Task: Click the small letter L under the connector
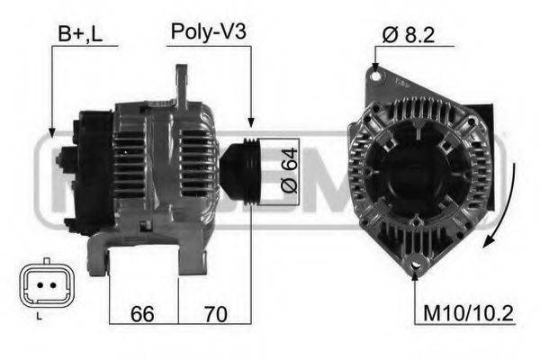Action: pyautogui.click(x=39, y=318)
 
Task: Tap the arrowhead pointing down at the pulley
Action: pyautogui.click(x=251, y=123)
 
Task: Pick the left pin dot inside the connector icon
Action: pyautogui.click(x=33, y=284)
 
